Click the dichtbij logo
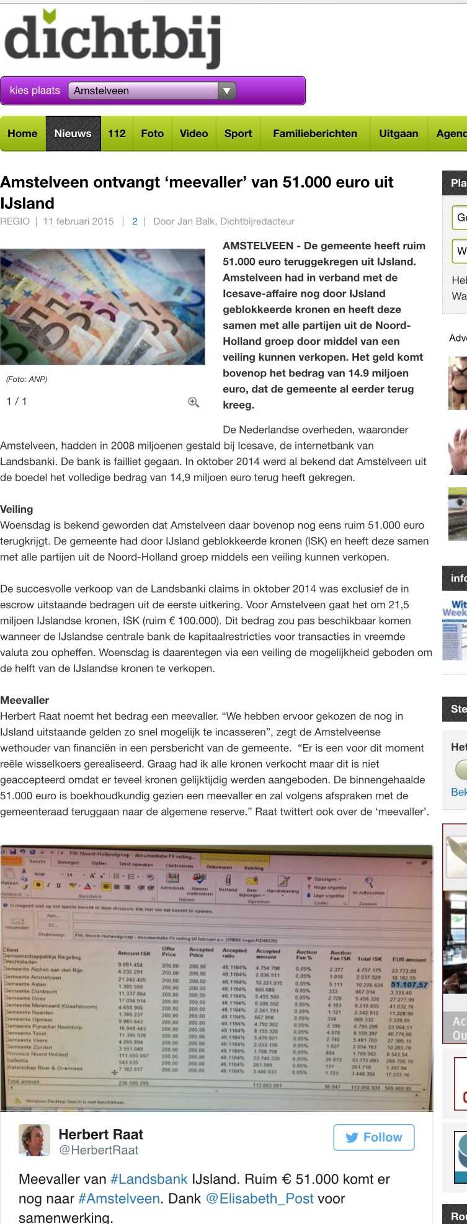[112, 39]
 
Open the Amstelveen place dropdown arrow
[227, 91]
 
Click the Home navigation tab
[23, 133]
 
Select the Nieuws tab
[73, 133]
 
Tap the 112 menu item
[117, 133]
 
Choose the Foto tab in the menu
[153, 133]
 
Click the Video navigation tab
[193, 133]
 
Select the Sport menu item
[238, 133]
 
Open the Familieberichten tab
[315, 133]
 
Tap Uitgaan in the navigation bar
[399, 133]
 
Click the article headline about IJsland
[197, 192]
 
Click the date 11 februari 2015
[78, 221]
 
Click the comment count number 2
[135, 221]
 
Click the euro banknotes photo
[102, 306]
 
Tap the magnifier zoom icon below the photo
[193, 402]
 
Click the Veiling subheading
[17, 509]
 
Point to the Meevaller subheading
[25, 700]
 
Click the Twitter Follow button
[374, 1137]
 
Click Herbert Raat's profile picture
[35, 1140]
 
